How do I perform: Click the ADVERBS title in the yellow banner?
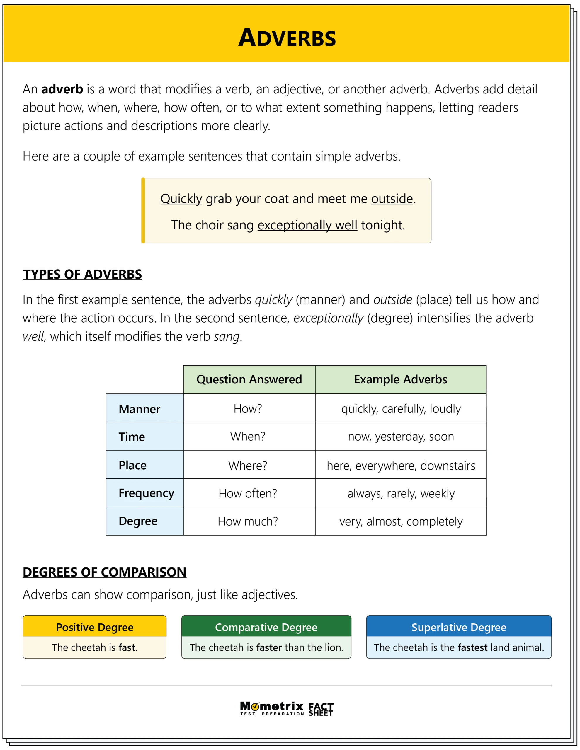pos(287,37)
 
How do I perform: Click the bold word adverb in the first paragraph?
pos(62,89)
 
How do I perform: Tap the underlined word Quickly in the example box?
pos(181,199)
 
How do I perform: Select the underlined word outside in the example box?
pos(392,199)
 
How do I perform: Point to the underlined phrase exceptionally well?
pos(307,225)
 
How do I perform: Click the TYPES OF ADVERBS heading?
pos(82,275)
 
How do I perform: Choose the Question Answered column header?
pos(249,379)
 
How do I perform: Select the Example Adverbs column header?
pos(401,379)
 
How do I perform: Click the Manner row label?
pos(139,409)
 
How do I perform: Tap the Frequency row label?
pos(146,493)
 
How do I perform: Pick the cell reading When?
pos(248,437)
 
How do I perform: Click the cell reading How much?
pos(248,521)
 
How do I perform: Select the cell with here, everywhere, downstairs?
pos(401,466)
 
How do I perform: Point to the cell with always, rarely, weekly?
pos(401,493)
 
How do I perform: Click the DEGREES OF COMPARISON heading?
pos(104,572)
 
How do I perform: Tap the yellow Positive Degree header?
pos(94,628)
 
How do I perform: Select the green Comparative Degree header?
pos(266,628)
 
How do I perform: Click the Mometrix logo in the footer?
pos(272,708)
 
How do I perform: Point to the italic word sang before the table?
pos(227,337)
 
